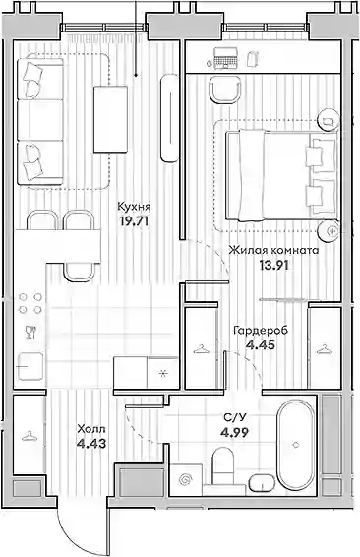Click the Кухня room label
(135, 207)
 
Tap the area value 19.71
(134, 221)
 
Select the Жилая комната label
(273, 250)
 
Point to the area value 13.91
(273, 265)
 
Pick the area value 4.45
(261, 344)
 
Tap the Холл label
(91, 429)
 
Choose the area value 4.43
(91, 444)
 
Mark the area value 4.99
(234, 432)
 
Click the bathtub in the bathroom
(296, 444)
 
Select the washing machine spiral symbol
(185, 480)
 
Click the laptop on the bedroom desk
(225, 57)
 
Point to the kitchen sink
(30, 366)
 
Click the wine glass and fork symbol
(30, 332)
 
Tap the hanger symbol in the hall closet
(30, 436)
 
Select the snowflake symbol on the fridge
(163, 373)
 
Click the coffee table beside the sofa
(110, 119)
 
